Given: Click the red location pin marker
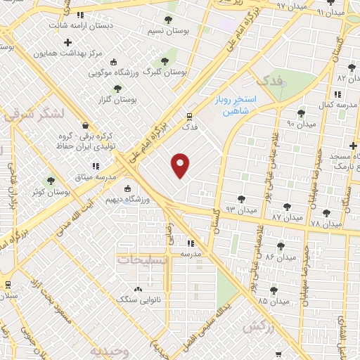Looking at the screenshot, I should (x=181, y=165).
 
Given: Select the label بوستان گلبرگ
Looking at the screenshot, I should (x=165, y=72).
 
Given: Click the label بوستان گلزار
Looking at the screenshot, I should (x=117, y=100).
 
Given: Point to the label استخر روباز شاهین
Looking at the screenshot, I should (x=236, y=106).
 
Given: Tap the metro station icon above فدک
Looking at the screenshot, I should (x=189, y=117).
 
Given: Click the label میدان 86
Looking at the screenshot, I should (x=278, y=257).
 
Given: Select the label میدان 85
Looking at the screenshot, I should (x=273, y=302).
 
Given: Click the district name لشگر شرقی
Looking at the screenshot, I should (x=34, y=113).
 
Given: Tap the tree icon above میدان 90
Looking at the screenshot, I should (x=301, y=112).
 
